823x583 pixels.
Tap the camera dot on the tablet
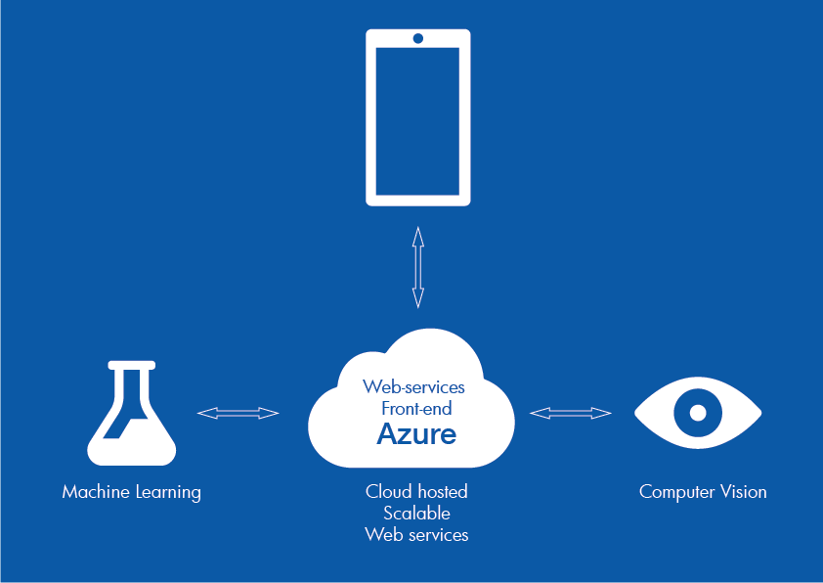click(418, 38)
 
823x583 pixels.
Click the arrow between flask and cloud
click(238, 414)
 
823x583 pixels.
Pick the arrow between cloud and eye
click(571, 414)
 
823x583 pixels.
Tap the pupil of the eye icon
click(697, 412)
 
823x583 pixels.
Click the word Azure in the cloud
click(416, 433)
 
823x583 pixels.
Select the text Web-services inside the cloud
click(413, 387)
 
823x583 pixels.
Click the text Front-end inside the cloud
click(416, 408)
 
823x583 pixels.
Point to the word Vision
click(744, 491)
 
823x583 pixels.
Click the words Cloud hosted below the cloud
click(416, 491)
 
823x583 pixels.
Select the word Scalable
click(416, 513)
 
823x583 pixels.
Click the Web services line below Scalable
click(416, 534)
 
